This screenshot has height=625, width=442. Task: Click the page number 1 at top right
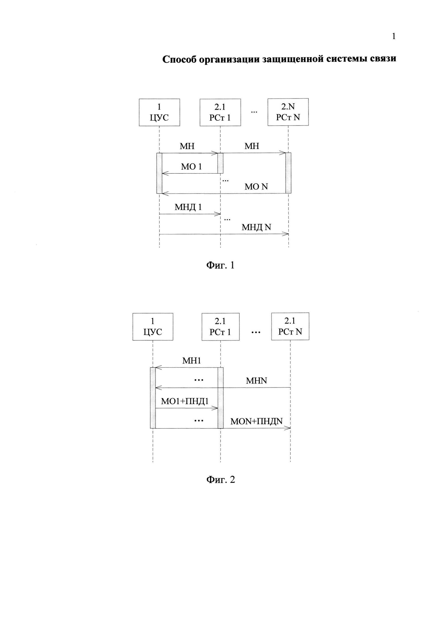pos(394,36)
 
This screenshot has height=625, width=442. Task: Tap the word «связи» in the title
pos(383,59)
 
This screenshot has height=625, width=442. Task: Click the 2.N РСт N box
pos(288,112)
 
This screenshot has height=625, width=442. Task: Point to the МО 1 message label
pos(191,167)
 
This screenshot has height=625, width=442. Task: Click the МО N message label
pos(256,187)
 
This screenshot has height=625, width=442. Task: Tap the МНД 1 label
pos(188,207)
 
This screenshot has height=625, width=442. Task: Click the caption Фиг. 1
pos(220,265)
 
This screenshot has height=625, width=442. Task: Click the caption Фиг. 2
pos(220,480)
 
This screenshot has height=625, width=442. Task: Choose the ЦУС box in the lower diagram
pos(153,327)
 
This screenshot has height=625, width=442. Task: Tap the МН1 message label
pos(191,361)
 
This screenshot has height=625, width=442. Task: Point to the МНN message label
pos(256,381)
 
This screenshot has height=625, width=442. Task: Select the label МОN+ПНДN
pos(256,421)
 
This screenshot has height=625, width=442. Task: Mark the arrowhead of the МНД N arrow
pos(286,234)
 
